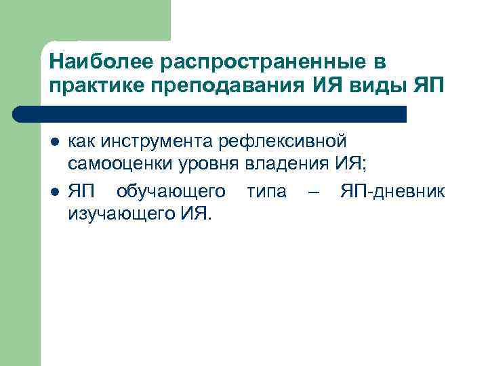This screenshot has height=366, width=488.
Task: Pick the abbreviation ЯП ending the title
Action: point(427,87)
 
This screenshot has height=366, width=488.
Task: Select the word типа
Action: point(266,192)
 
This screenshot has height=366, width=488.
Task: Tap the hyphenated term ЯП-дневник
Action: point(392,192)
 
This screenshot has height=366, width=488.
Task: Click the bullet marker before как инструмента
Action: point(54,142)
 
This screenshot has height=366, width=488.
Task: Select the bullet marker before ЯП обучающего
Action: point(54,192)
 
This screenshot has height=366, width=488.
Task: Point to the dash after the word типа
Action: point(312,192)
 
